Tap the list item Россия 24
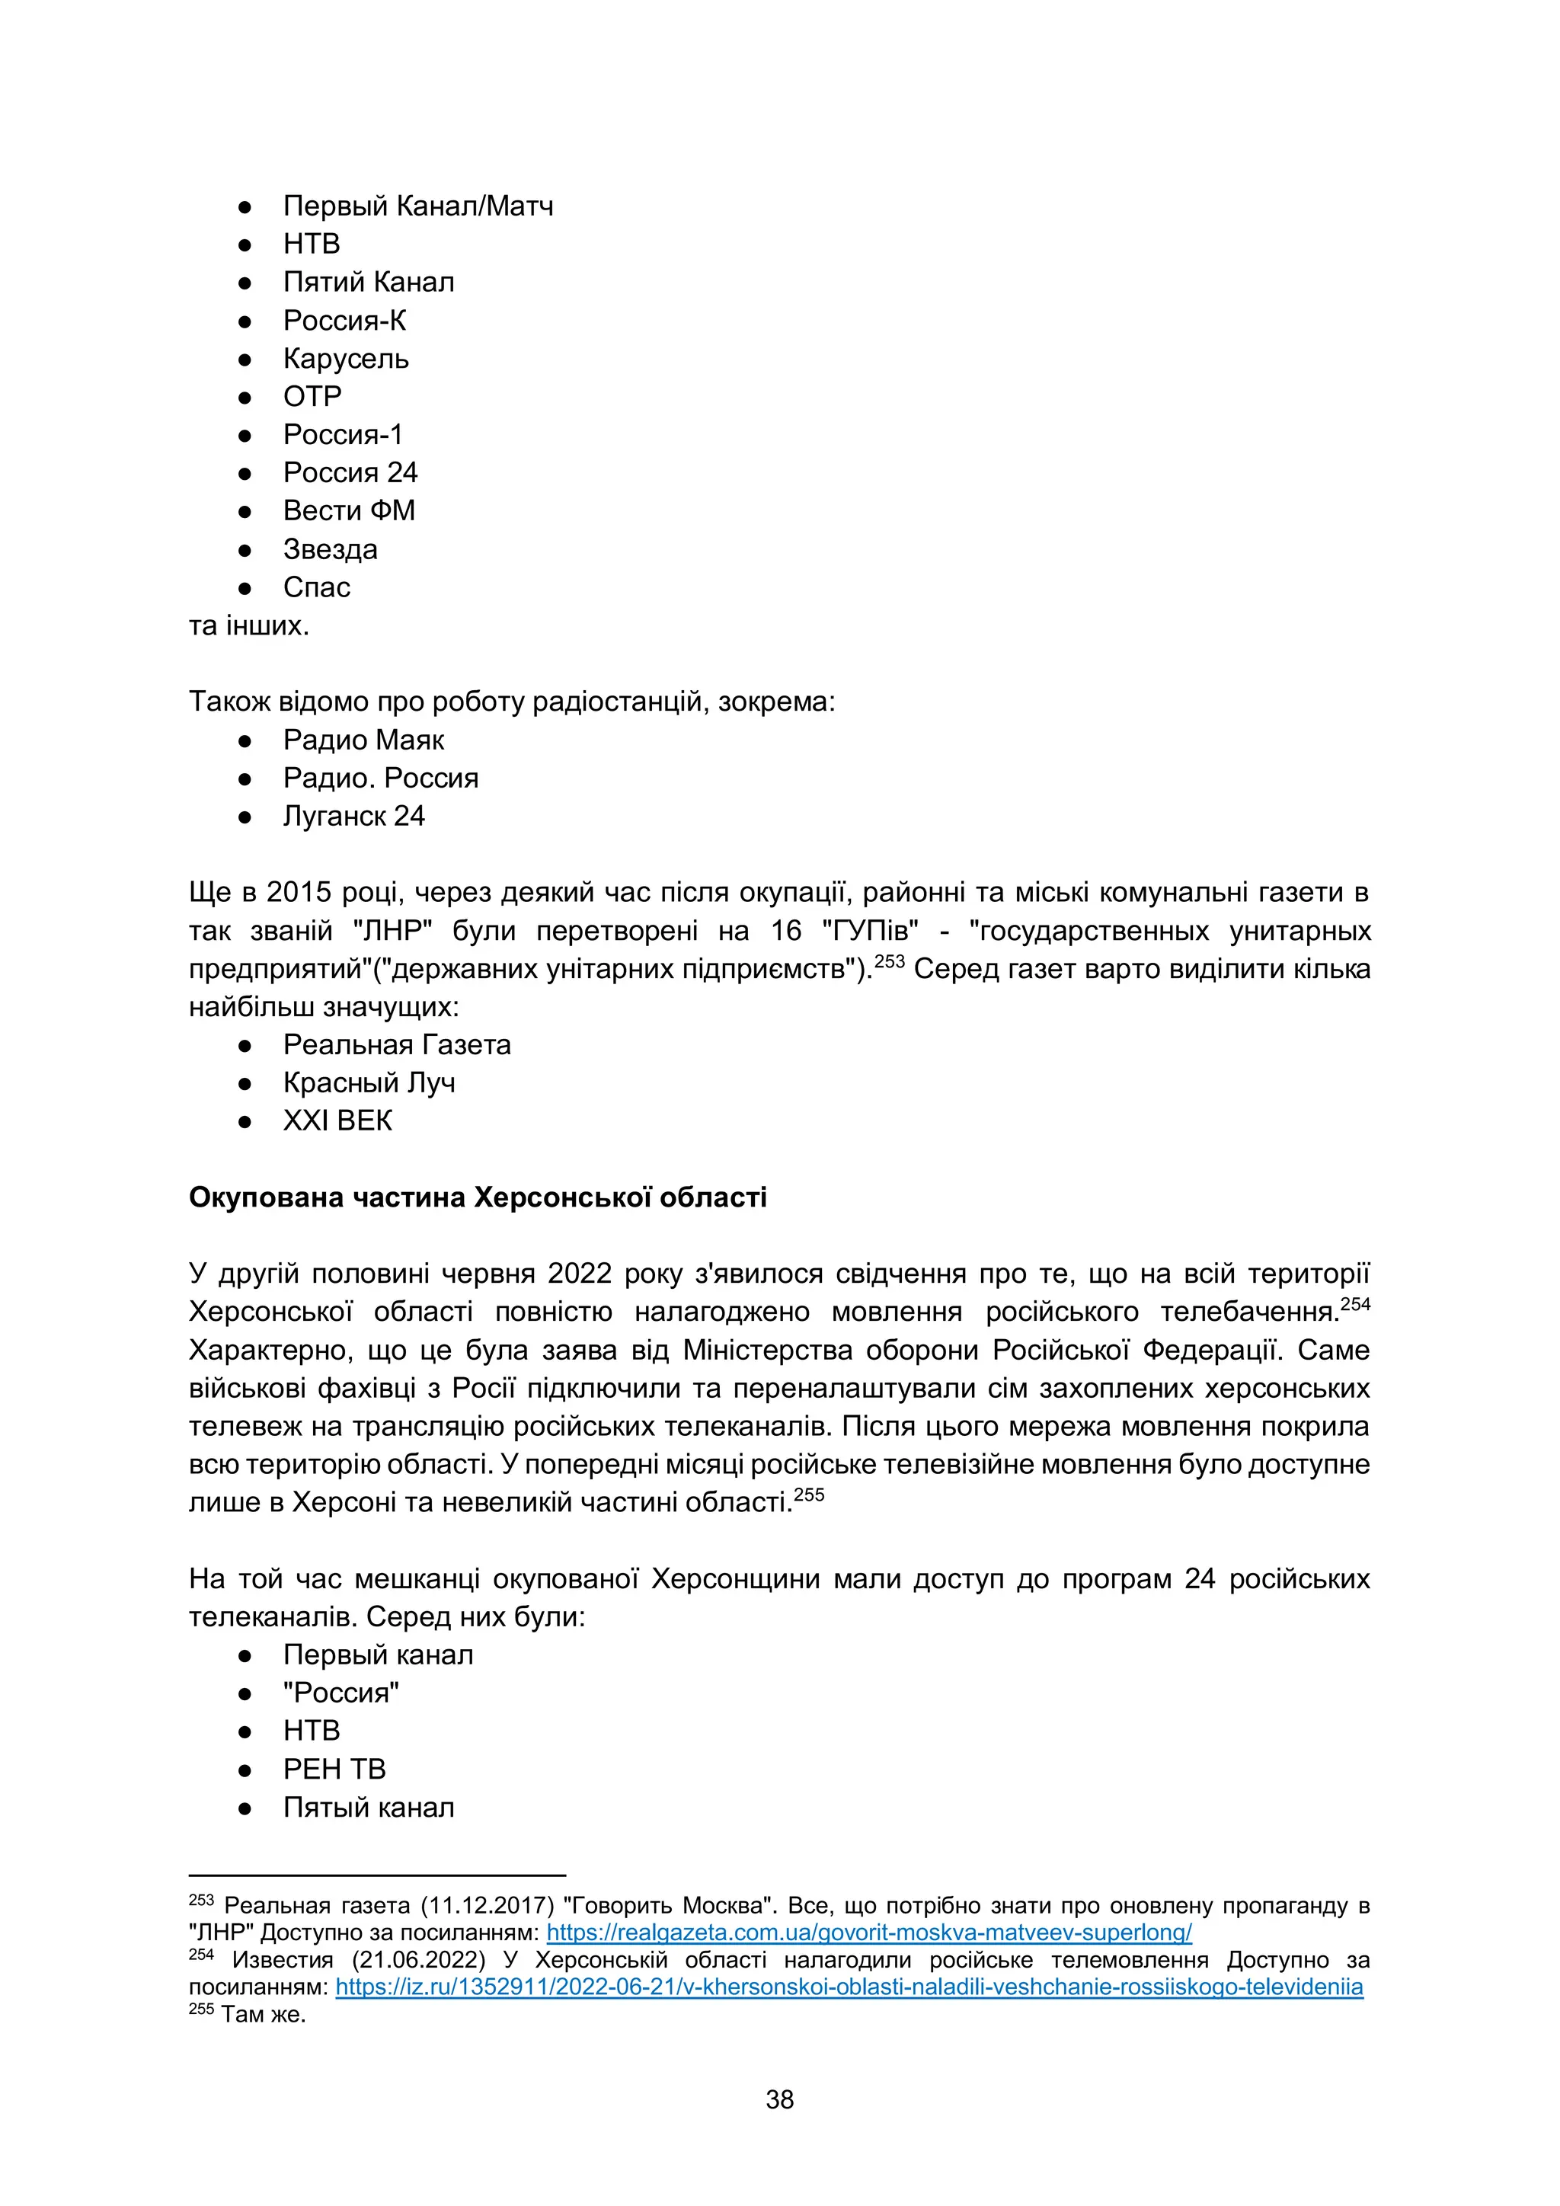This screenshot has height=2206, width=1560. coord(350,473)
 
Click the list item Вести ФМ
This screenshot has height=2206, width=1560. coord(349,511)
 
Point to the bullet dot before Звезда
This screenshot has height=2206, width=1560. coord(245,551)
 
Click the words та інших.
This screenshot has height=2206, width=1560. coord(249,625)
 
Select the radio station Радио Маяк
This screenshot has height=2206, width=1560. coord(363,740)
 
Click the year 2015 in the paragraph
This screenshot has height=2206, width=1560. coord(299,893)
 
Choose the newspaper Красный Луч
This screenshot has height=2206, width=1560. coord(369,1083)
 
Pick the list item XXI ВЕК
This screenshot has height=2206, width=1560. coord(337,1121)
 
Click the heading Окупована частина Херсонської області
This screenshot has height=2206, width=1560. coord(478,1197)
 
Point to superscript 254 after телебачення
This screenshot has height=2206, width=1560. coord(1355,1305)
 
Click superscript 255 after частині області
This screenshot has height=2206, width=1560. coord(810,1495)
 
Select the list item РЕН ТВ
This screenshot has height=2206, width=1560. coord(334,1769)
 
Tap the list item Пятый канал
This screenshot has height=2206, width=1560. coord(368,1808)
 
